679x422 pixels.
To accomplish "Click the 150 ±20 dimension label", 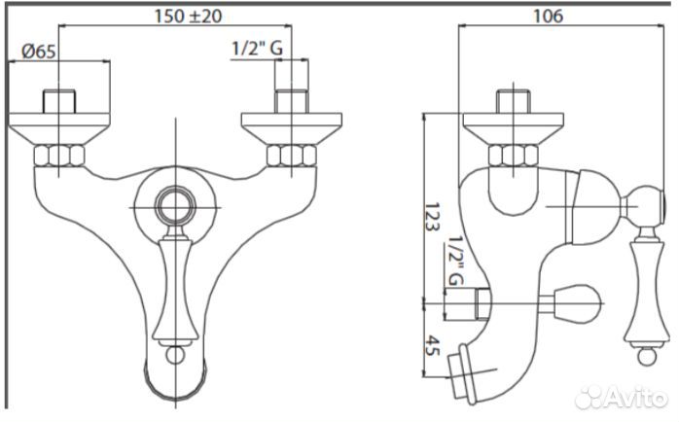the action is pyautogui.click(x=188, y=17).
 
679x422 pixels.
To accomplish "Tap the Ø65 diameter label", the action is pyautogui.click(x=39, y=52).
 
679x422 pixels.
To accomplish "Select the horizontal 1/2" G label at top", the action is pyautogui.click(x=258, y=48).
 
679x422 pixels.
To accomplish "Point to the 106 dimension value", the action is pyautogui.click(x=548, y=16).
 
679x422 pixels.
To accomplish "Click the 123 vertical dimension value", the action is pyautogui.click(x=432, y=217).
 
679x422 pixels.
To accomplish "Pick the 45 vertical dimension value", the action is pyautogui.click(x=432, y=345).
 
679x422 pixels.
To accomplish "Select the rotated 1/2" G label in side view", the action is pyautogui.click(x=454, y=261).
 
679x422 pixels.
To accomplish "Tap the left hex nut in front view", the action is pyautogui.click(x=59, y=156).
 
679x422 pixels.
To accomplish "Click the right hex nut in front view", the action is pyautogui.click(x=292, y=156).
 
